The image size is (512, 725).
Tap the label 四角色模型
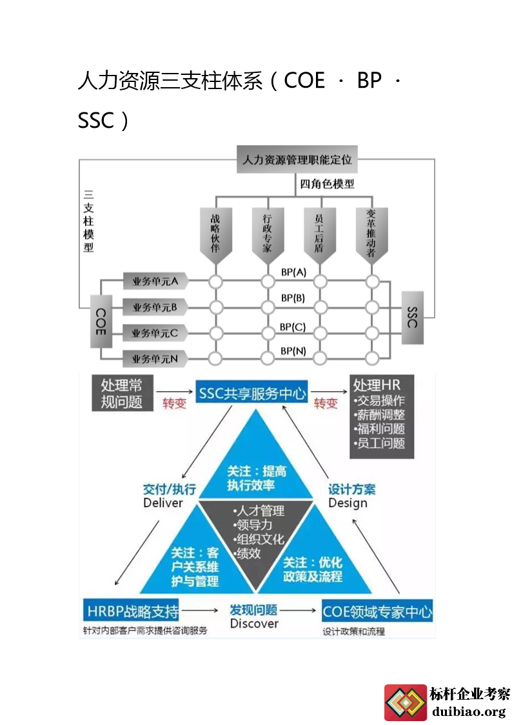pyautogui.click(x=327, y=184)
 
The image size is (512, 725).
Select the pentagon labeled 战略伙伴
pyautogui.click(x=215, y=236)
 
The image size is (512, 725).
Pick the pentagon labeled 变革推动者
pyautogui.click(x=371, y=236)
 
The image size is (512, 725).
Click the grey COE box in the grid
pyautogui.click(x=101, y=320)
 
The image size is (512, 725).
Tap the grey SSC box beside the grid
pyautogui.click(x=413, y=317)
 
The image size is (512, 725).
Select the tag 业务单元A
pyautogui.click(x=155, y=281)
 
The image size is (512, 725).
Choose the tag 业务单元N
pyautogui.click(x=155, y=358)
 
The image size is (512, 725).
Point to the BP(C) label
pyautogui.click(x=293, y=327)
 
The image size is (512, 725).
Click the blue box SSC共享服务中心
pyautogui.click(x=252, y=393)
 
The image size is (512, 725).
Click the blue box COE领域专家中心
pyautogui.click(x=377, y=611)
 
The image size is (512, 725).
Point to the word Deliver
pyautogui.click(x=163, y=503)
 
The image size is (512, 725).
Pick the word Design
pyautogui.click(x=348, y=503)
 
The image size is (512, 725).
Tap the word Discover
pyautogui.click(x=254, y=624)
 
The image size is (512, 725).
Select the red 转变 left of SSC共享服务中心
pyautogui.click(x=174, y=404)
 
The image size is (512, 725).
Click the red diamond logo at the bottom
pyautogui.click(x=405, y=702)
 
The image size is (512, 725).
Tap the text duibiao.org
pyautogui.click(x=469, y=711)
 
